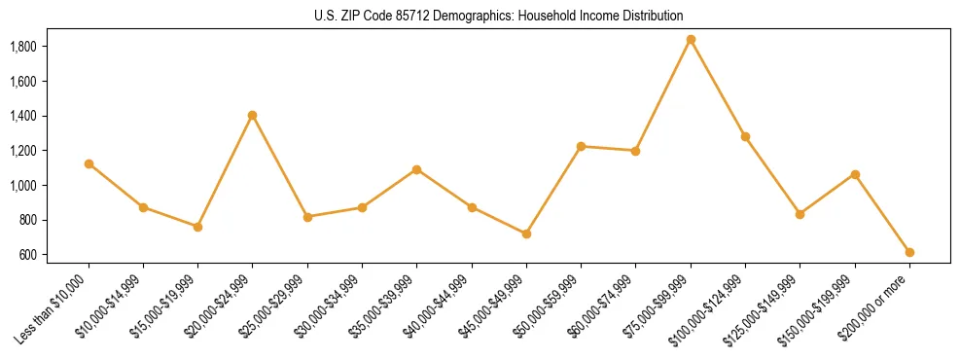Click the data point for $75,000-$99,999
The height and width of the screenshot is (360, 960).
point(691,40)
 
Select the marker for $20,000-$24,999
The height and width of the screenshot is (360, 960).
point(253,116)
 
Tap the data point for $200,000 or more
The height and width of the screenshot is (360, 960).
point(909,252)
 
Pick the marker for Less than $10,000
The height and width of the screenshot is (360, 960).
point(89,163)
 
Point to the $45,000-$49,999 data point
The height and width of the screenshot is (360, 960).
point(526,234)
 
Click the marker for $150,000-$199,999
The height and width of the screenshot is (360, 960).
point(855,174)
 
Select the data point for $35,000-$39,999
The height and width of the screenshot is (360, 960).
point(416,169)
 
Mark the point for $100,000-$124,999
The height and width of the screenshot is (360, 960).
point(745,136)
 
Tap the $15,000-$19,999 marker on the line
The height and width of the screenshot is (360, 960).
point(197,227)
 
